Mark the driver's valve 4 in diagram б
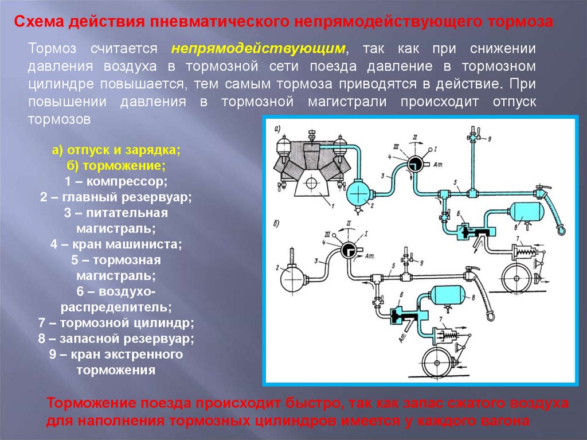tap(348, 250)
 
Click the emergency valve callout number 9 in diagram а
tap(490, 139)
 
